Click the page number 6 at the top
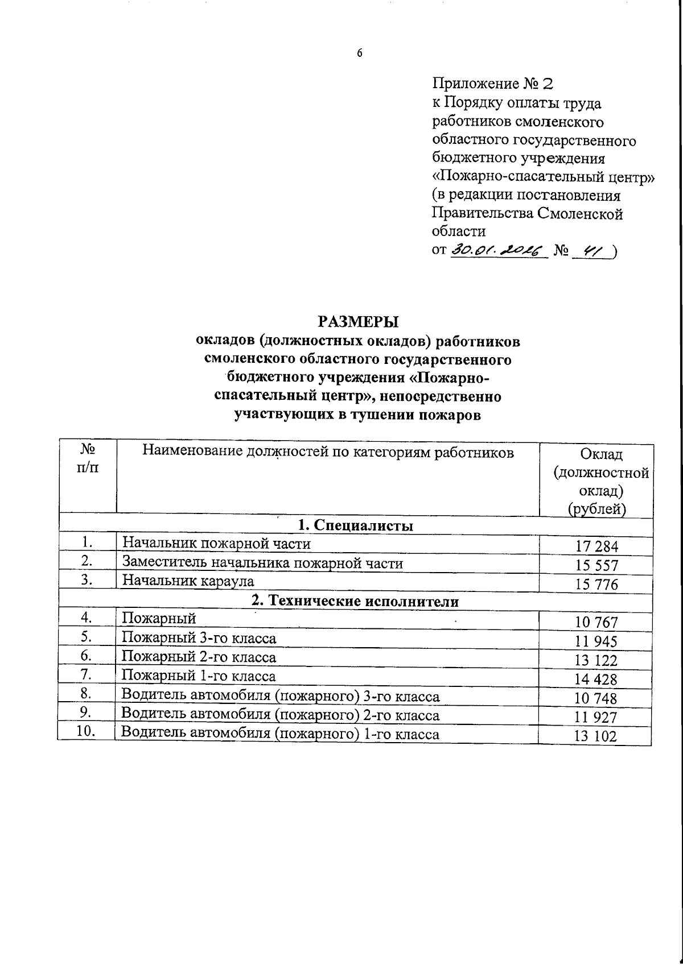[359, 53]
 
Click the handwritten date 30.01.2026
[497, 250]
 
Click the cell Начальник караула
[188, 581]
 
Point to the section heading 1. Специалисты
[356, 525]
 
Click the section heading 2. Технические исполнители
[356, 601]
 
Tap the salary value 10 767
[596, 623]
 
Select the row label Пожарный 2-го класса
[199, 657]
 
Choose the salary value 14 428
[596, 680]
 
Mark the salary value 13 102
[596, 736]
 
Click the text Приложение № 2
[493, 84]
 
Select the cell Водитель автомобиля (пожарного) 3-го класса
[281, 697]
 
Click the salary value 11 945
[596, 642]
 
